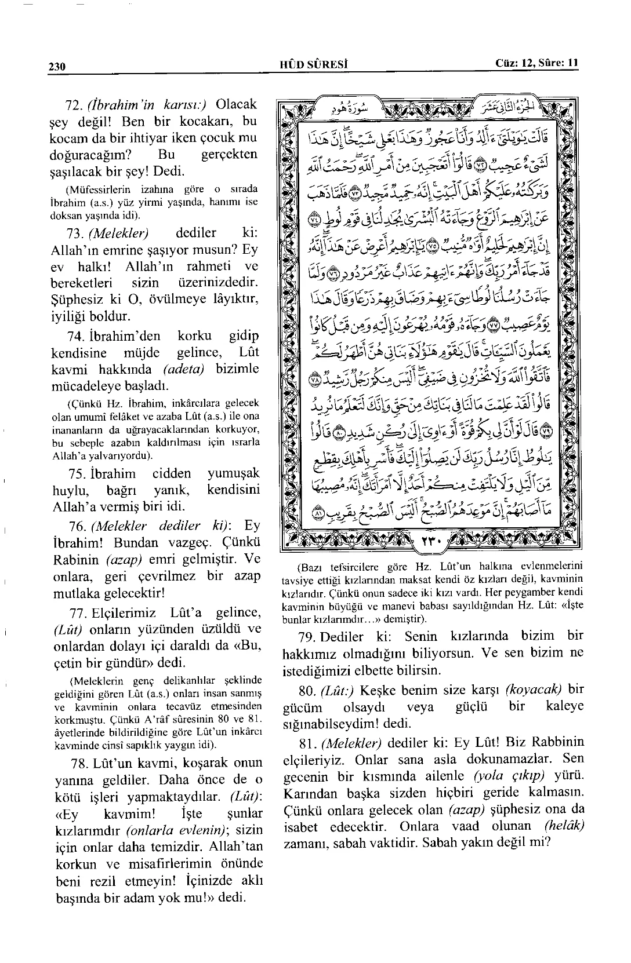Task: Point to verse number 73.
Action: point(75,234)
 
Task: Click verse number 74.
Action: point(75,336)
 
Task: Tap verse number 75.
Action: point(75,473)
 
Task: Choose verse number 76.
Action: point(75,526)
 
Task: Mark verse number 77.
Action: point(75,612)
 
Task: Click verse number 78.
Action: point(75,763)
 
